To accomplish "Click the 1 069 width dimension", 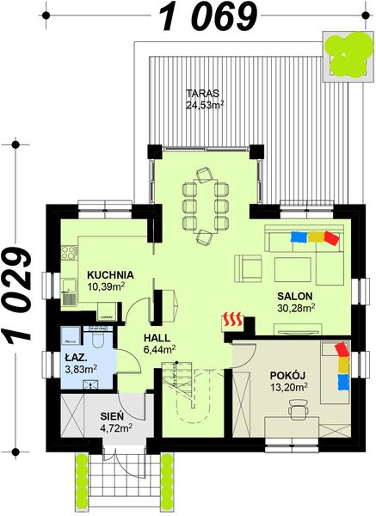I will pos(209,15).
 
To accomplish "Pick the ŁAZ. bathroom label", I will pos(76,357).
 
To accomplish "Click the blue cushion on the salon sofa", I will pos(298,236).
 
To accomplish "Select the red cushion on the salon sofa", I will pos(332,236).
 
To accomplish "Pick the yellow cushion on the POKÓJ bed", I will pos(344,364).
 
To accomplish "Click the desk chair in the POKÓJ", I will pos(298,415).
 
